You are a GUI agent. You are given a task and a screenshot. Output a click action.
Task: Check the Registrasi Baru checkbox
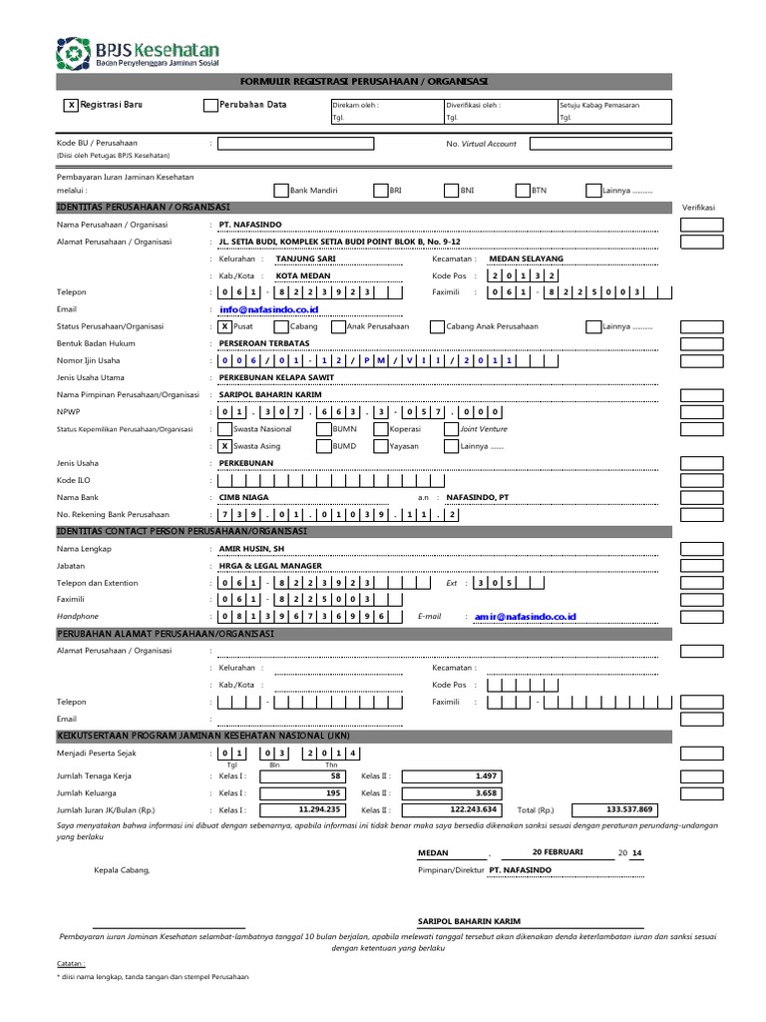[x=70, y=105]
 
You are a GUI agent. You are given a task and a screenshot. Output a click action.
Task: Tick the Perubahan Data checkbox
[x=209, y=105]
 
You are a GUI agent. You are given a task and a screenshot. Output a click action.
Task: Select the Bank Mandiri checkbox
[x=280, y=189]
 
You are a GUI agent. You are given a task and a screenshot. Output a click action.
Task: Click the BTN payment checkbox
[x=523, y=189]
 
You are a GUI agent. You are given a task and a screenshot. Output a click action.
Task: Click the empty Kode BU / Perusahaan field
[x=295, y=144]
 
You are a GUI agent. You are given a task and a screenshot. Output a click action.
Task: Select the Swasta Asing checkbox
[x=224, y=446]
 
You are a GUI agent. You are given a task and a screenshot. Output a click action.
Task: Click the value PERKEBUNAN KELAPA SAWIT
[x=276, y=378]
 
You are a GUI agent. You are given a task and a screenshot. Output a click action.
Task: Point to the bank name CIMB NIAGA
[x=244, y=497]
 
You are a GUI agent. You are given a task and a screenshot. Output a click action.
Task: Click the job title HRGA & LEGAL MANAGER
[x=270, y=566]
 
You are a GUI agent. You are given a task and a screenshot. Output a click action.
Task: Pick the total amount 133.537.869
[x=629, y=809]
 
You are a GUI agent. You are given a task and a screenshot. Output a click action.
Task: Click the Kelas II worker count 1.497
[x=459, y=775]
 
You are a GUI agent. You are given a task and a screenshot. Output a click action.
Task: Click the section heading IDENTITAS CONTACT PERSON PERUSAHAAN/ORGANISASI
[x=183, y=532]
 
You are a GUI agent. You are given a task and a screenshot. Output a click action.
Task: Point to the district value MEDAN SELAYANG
[x=525, y=258]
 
